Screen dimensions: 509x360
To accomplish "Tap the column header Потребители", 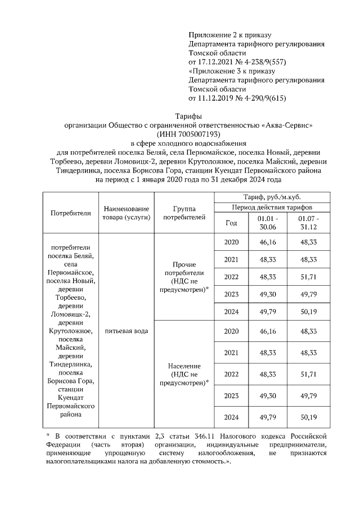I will (71, 213).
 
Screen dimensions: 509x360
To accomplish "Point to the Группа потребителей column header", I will (184, 213).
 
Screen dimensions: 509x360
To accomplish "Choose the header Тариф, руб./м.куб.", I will (271, 196).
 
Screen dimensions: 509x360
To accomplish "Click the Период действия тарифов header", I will (271, 208).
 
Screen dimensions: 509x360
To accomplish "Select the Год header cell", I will (231, 222).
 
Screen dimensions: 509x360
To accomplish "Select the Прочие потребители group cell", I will (184, 277).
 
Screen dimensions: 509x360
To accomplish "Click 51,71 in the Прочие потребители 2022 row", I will (309, 277).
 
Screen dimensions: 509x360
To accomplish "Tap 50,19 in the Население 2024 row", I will (309, 417).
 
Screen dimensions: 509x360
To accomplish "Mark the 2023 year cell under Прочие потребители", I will (231, 294).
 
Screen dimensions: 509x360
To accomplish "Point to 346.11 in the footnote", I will (215, 436).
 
